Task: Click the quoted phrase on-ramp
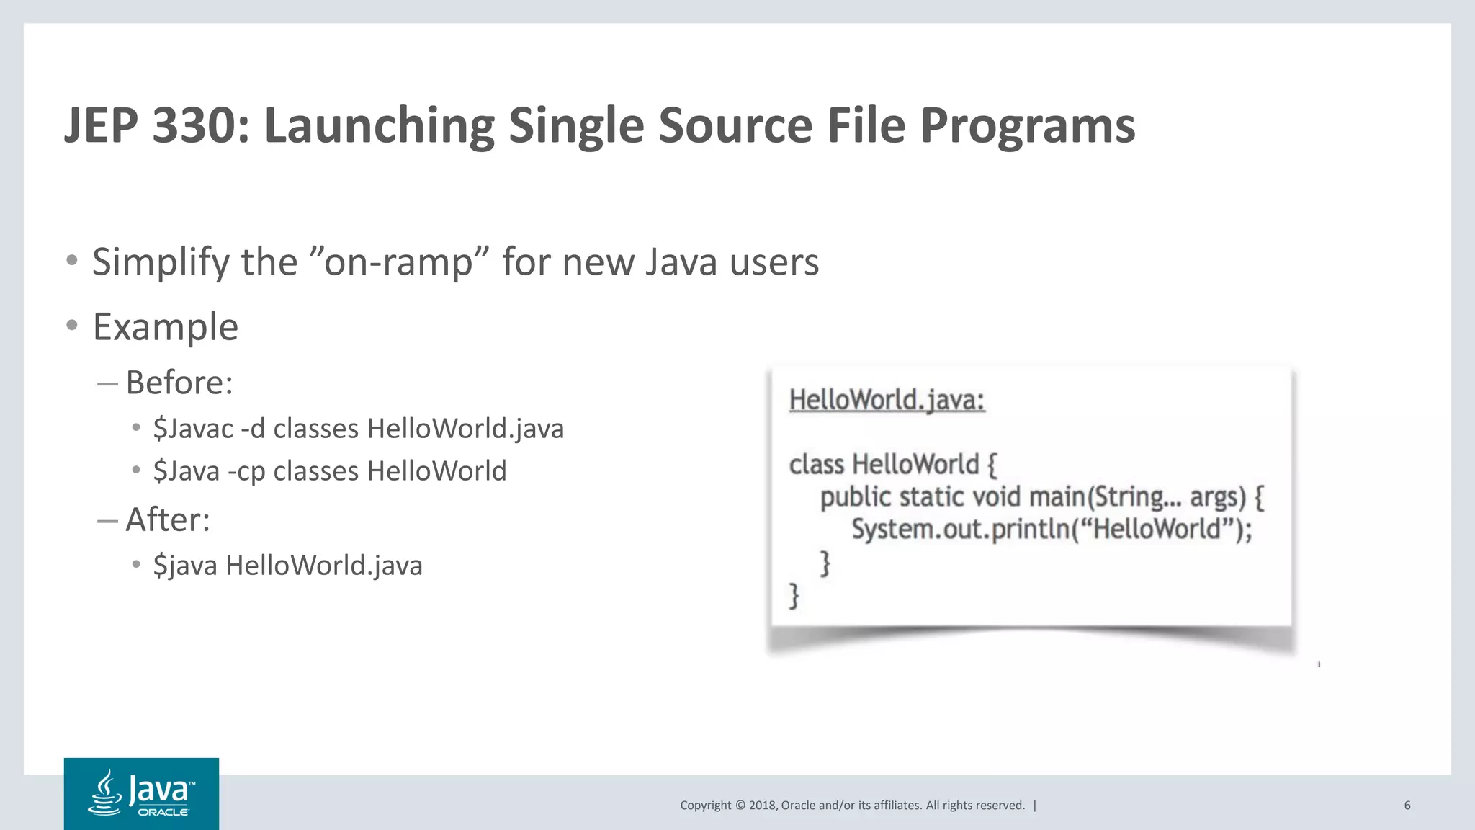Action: [398, 262]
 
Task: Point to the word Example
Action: [166, 327]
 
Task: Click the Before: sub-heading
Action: [179, 383]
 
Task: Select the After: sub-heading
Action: [168, 519]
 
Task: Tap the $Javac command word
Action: [193, 429]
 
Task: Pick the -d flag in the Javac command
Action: [253, 429]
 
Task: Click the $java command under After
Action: [185, 566]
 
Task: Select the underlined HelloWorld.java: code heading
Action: [887, 400]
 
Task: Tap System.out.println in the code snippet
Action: [961, 530]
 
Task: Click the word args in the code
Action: [1217, 497]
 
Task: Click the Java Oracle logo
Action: [141, 793]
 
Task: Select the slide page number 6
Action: [1407, 806]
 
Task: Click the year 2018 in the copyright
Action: [762, 806]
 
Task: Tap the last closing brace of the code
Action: [794, 596]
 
